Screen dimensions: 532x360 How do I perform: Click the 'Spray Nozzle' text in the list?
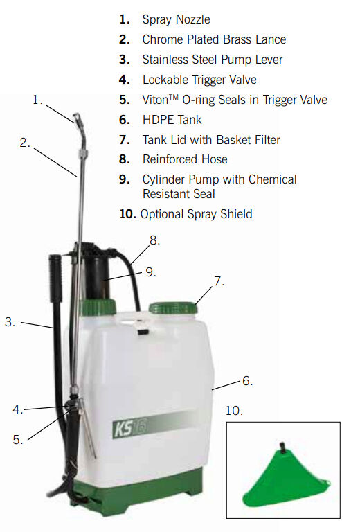point(176,19)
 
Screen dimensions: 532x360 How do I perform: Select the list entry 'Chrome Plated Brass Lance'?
point(213,39)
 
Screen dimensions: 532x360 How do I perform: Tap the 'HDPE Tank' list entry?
point(172,120)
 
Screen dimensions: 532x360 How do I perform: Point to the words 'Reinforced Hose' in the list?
point(184,159)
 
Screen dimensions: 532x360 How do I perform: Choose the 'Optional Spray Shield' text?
point(196,214)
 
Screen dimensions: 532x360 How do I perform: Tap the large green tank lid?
point(173,306)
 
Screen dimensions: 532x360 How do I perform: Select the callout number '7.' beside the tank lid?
point(219,282)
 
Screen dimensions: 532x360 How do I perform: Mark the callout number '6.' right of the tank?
point(247,380)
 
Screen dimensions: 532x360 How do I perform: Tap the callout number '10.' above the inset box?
point(234,411)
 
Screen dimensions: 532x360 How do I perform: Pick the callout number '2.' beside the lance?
point(25,143)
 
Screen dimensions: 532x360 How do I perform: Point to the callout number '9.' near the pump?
point(150,272)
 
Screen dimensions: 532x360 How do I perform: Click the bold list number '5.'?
point(124,100)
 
